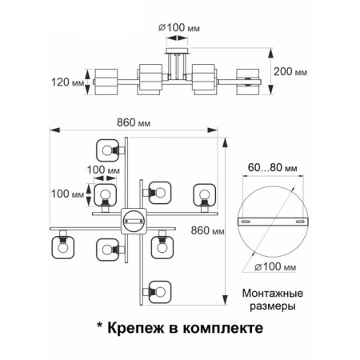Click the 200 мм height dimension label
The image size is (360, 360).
[290, 72]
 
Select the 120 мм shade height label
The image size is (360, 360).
[68, 82]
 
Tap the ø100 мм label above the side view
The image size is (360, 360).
[179, 27]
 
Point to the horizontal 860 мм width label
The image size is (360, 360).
[134, 122]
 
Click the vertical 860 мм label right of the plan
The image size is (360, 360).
[208, 230]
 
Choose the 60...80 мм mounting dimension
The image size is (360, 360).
[273, 167]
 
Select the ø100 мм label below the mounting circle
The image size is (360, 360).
[275, 266]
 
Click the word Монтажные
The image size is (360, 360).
[273, 294]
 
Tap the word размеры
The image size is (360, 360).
[273, 306]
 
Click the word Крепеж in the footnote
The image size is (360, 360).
[136, 328]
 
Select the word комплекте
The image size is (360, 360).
[223, 328]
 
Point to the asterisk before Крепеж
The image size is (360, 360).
[100, 326]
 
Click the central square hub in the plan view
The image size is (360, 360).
[134, 221]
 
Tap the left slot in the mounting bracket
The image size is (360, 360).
[246, 222]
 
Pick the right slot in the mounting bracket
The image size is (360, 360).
[300, 222]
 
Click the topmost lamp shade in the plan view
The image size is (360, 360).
[107, 150]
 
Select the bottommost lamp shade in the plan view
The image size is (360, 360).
[160, 292]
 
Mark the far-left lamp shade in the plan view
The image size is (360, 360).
[62, 247]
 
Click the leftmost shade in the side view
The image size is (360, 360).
[106, 82]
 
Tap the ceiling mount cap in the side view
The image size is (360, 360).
[178, 50]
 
